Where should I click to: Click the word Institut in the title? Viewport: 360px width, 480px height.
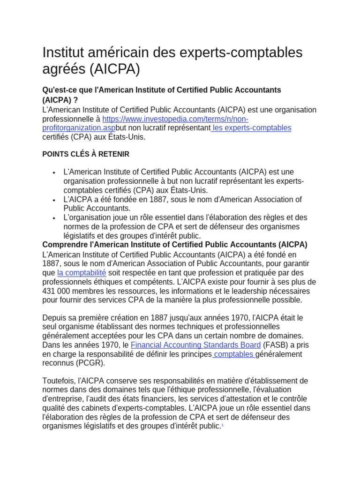click(x=64, y=52)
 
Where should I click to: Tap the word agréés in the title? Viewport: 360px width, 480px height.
click(x=64, y=69)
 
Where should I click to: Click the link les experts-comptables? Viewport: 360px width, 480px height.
click(x=251, y=128)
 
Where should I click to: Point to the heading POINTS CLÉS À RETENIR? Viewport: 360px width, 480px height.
click(x=86, y=154)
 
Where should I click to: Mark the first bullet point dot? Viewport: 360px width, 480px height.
click(x=55, y=173)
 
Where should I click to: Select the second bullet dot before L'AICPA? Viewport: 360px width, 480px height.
click(x=55, y=200)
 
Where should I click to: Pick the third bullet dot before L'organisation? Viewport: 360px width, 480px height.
click(x=55, y=218)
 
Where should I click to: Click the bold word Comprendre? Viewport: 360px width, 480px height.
click(x=63, y=245)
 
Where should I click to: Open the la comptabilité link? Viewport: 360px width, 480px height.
click(x=82, y=273)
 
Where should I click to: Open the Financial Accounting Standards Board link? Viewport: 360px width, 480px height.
click(x=195, y=345)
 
